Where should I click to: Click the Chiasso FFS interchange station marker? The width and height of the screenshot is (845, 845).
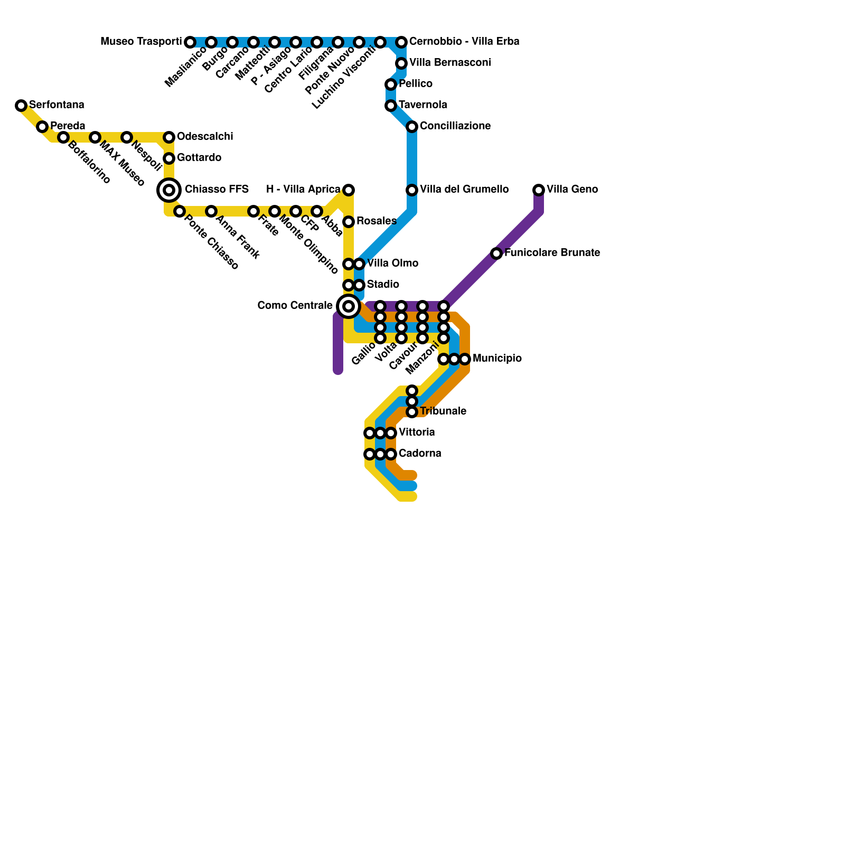pos(169,190)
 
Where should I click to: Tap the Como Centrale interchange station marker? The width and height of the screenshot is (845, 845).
pos(349,306)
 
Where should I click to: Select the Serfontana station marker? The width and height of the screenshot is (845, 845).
pos(21,106)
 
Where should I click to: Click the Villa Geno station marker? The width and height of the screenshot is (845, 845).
pos(539,190)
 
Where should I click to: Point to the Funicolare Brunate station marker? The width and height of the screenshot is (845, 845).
pos(496,253)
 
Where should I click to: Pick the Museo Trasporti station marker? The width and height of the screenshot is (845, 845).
pos(190,42)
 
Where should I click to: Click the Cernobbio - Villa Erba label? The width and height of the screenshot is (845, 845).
pos(464,41)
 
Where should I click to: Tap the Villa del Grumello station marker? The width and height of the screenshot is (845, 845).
pos(412,190)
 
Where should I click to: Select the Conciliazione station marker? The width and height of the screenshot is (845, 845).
pos(412,127)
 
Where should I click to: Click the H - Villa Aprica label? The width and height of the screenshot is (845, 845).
pos(303,189)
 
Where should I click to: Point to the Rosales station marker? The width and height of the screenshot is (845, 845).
pos(349,222)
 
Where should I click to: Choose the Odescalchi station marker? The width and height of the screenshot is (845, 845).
pos(169,137)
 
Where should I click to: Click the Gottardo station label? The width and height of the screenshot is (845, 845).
pos(199,157)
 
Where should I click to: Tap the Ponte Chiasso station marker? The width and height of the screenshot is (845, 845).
pos(180,211)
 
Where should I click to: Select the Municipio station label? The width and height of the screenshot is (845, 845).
pos(497,359)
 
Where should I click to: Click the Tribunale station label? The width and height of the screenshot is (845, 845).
pos(443,411)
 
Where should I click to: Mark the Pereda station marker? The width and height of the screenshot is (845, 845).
pos(42,127)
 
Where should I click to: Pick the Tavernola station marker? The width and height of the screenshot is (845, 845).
pos(391,106)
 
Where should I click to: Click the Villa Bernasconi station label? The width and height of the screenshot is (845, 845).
pos(450,62)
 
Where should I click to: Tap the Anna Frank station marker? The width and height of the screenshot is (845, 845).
pos(211,211)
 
